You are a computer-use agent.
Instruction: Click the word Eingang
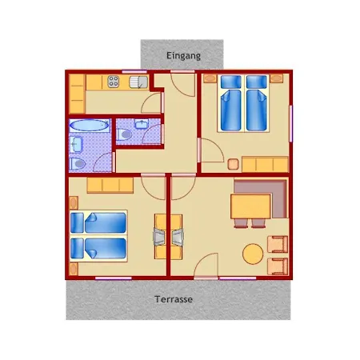point(183,56)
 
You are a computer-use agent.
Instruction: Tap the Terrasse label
point(174,299)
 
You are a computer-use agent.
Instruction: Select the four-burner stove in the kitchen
point(114,82)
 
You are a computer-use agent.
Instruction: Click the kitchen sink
point(138,82)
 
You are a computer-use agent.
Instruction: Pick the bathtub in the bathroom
point(89,126)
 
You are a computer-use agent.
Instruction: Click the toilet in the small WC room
point(124,134)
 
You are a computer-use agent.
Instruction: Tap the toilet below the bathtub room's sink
point(78,163)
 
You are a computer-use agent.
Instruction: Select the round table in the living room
point(253,254)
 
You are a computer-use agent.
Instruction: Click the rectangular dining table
point(250,206)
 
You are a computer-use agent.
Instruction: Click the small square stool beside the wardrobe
point(233,164)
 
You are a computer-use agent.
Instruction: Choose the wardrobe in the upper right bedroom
point(265,164)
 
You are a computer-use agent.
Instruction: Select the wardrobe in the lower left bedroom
point(110,185)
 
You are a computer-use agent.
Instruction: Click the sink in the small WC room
point(142,124)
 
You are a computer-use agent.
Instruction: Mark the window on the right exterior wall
point(291,124)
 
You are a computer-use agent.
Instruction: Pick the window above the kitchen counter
point(134,72)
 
